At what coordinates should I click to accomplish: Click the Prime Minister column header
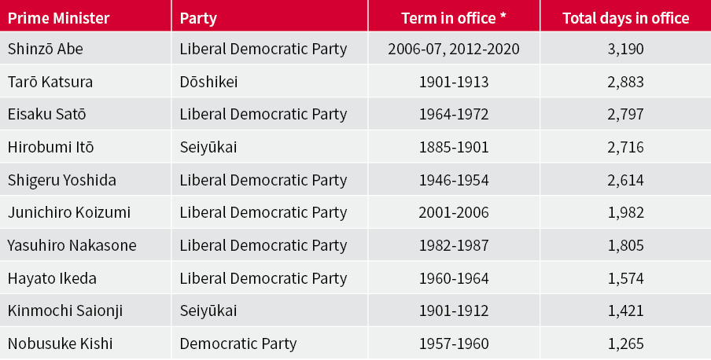(x=58, y=17)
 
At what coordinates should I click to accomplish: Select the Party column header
(x=198, y=17)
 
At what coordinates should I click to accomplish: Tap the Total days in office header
(x=625, y=17)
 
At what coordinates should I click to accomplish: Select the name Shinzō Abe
(x=46, y=49)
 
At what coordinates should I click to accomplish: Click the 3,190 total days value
(x=625, y=49)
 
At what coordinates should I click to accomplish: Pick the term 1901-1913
(x=454, y=82)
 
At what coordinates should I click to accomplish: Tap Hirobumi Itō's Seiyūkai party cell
(x=208, y=147)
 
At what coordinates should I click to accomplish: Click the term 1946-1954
(x=454, y=180)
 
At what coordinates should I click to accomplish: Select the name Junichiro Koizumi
(x=69, y=212)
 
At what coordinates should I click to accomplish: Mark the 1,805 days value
(x=625, y=245)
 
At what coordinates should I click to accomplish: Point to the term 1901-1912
(x=454, y=310)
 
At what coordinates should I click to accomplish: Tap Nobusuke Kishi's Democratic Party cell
(x=238, y=343)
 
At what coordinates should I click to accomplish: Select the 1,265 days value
(x=625, y=343)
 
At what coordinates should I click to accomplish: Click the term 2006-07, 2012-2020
(x=454, y=49)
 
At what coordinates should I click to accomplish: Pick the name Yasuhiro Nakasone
(x=72, y=245)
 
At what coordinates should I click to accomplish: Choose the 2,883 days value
(x=625, y=82)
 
